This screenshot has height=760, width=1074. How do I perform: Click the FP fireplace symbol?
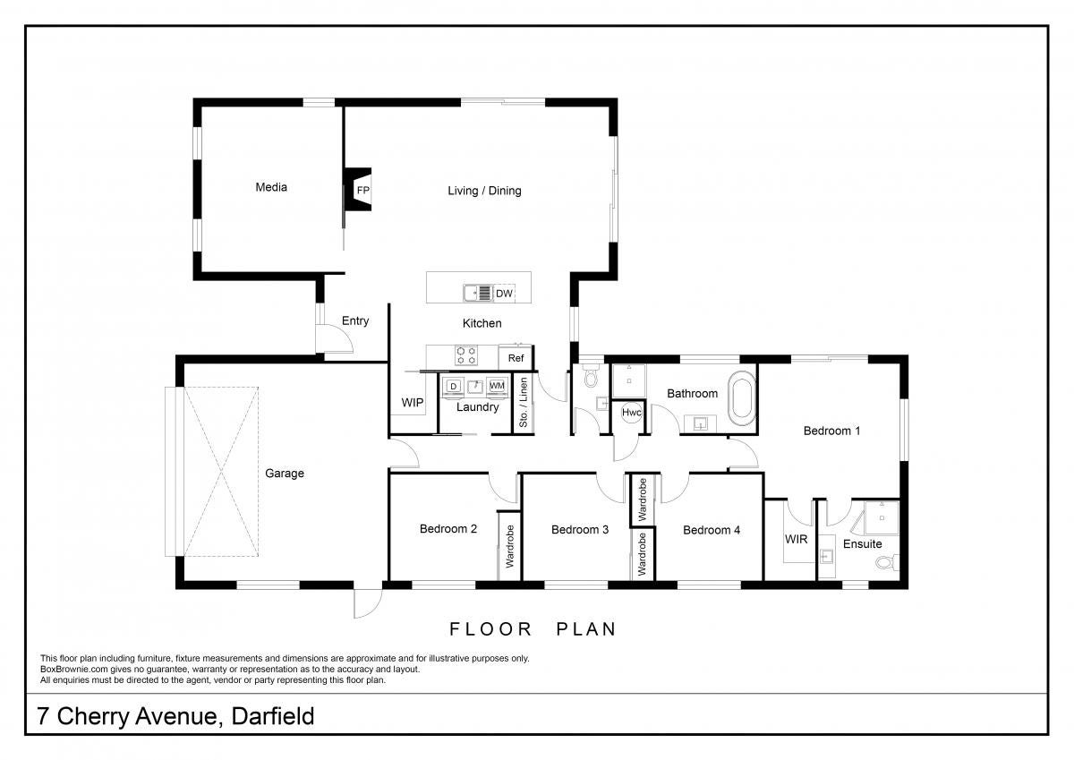pos(358,190)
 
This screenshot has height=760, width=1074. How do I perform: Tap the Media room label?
pos(271,187)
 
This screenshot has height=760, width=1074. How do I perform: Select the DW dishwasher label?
pos(504,294)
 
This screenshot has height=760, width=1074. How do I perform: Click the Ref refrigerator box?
pos(516,358)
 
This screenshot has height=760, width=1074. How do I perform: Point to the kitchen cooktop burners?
pos(466,355)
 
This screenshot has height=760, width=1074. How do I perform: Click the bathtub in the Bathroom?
pos(741,397)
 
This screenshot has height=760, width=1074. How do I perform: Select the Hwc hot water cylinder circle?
pos(632,413)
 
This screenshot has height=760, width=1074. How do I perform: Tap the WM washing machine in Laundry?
pos(498,386)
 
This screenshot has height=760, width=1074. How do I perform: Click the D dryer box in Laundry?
pos(453,387)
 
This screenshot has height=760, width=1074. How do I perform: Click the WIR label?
pos(796,540)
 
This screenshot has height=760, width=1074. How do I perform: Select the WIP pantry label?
pos(413,402)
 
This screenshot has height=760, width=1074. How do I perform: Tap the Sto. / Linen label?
pos(523,402)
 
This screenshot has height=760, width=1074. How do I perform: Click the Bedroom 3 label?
pos(580,530)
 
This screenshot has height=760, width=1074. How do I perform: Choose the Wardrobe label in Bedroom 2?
pos(509,546)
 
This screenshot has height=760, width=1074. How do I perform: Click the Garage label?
pos(285,474)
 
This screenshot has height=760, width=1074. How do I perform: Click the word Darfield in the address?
pos(273,716)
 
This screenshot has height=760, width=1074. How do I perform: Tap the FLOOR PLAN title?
pos(533,629)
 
